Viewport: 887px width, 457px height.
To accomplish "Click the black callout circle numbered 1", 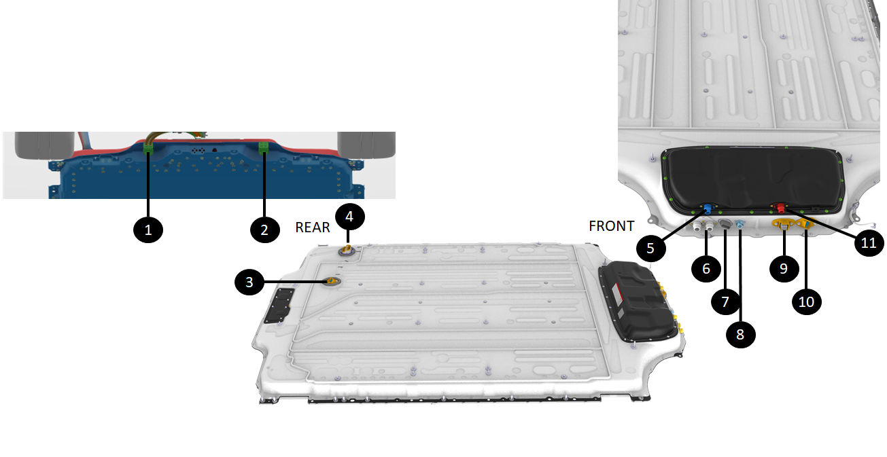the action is [x=148, y=230].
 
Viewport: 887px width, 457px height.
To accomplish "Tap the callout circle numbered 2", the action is [x=265, y=230].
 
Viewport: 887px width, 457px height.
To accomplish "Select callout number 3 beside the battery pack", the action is [x=249, y=282].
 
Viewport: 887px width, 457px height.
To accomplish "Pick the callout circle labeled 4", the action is [x=349, y=216].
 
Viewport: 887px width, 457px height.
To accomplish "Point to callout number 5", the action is [x=650, y=248].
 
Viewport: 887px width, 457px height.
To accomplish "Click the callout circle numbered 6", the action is [x=706, y=269].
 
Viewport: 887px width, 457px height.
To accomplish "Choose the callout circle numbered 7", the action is [x=725, y=302].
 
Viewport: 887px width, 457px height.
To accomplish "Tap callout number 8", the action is [x=740, y=334].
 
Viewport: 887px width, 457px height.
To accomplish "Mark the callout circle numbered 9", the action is [x=784, y=269].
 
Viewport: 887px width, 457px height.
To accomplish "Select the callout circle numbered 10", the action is [x=807, y=302].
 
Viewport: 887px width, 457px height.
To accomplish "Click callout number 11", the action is [x=869, y=242].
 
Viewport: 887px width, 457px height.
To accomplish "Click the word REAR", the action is [x=313, y=227].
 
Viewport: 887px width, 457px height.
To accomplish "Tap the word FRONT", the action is [x=612, y=226].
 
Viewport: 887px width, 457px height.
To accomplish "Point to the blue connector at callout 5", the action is [x=708, y=208].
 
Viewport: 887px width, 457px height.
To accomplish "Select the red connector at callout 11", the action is [x=781, y=208].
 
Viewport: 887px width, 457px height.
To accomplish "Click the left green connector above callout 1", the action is [x=148, y=148].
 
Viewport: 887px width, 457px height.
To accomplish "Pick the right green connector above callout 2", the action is [x=264, y=147].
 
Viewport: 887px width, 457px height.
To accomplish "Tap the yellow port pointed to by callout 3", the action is [x=331, y=281].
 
